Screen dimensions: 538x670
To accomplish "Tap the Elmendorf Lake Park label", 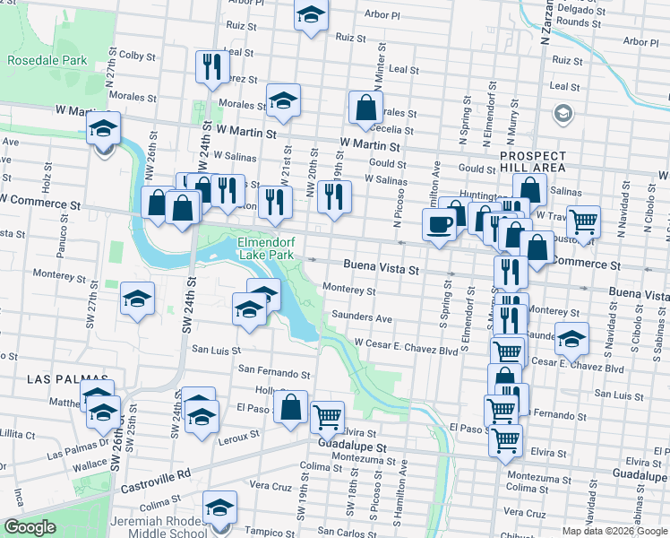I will [266, 248].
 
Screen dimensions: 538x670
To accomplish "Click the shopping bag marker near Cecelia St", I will [366, 107].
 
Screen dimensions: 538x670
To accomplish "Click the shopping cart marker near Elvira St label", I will [327, 416].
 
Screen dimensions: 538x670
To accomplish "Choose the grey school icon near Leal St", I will [563, 114].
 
